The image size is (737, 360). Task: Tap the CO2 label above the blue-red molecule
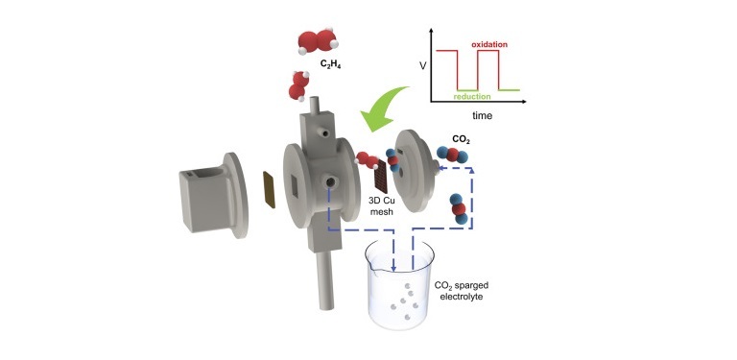pos(461,139)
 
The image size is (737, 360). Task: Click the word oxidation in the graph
pos(489,44)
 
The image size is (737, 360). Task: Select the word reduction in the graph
pos(472,96)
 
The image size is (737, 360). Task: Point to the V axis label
pos(423,66)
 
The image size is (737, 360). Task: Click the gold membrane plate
pos(270,189)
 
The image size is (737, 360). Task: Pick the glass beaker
pos(400,285)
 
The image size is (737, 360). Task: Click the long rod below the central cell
pos(324,279)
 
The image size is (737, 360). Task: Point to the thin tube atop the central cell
pos(315,106)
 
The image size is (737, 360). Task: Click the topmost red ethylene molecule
pos(319,42)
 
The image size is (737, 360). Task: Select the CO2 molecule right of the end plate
pos(452,155)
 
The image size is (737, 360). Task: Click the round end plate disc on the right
pos(416,171)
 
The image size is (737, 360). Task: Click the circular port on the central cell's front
pos(329,181)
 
